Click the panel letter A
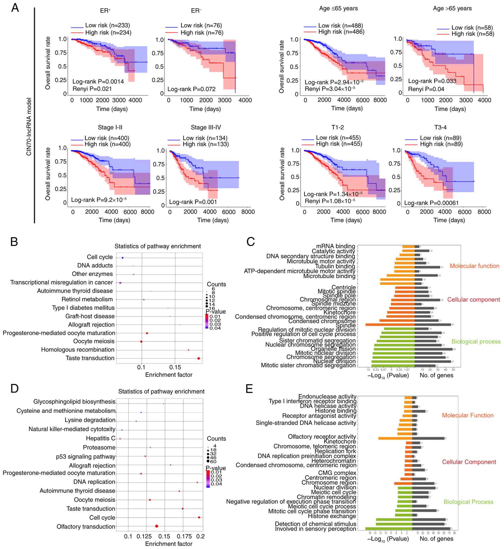[x=15, y=8]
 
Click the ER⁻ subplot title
[x=196, y=11]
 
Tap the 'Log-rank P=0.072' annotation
[x=191, y=89]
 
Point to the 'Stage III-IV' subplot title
[x=206, y=127]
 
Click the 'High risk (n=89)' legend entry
[x=441, y=144]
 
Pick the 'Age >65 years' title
[x=452, y=8]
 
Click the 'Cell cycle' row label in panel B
[x=99, y=257]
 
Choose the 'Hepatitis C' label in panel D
[x=101, y=438]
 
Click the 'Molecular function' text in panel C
[x=474, y=266]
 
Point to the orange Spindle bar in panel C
[x=390, y=325]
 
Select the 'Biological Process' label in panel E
[x=468, y=502]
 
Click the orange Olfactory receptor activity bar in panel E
[x=395, y=439]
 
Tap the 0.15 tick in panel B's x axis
[x=175, y=367]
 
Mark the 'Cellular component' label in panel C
[x=473, y=299]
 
